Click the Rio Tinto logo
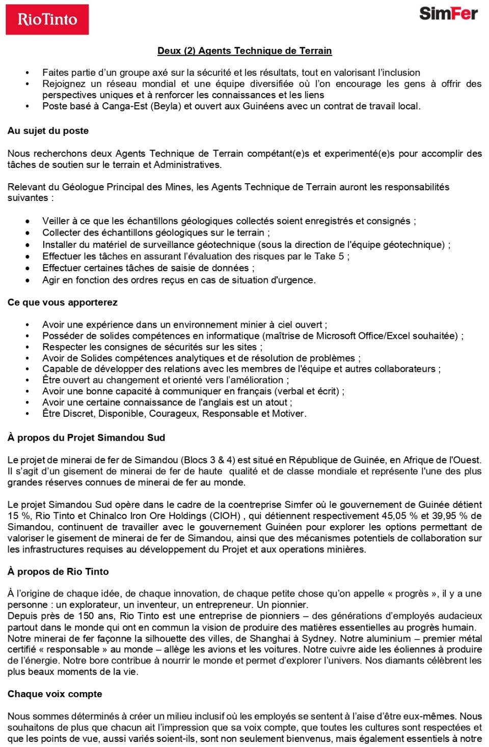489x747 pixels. [x=47, y=19]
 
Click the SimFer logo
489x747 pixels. [x=448, y=13]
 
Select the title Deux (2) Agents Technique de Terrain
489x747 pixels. [x=244, y=51]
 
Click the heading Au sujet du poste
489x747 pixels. [x=48, y=131]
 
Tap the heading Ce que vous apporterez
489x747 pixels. [x=62, y=302]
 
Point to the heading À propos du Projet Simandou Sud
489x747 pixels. [x=86, y=438]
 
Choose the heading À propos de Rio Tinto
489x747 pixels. [x=58, y=571]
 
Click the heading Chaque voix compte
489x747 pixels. [x=55, y=694]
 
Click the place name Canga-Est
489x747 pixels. [x=124, y=106]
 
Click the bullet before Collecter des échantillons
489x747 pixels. [x=28, y=233]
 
